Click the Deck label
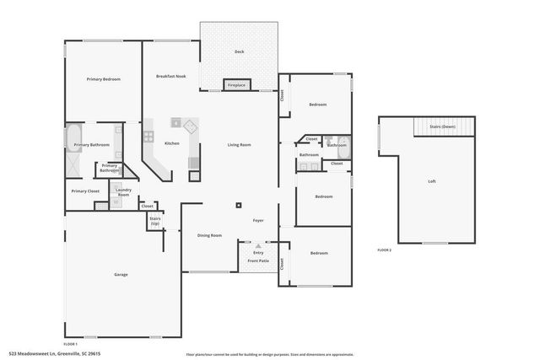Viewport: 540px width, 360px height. point(239,52)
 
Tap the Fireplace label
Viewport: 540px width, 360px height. point(236,85)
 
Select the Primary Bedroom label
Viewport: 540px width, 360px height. point(104,79)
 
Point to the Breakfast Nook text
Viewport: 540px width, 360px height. point(171,76)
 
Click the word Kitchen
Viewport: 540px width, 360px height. point(171,143)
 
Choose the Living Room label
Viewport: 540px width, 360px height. point(239,145)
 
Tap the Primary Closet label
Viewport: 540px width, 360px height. point(85,191)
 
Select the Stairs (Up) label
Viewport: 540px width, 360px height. point(154,221)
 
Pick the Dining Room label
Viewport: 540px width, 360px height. point(209,235)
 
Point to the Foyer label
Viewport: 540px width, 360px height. point(259,221)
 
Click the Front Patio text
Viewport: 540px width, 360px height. point(258,261)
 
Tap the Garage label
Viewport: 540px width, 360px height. point(121,276)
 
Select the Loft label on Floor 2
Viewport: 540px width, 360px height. point(432,182)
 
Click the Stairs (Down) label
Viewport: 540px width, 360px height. point(442,126)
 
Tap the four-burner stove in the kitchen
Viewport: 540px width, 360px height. point(148,135)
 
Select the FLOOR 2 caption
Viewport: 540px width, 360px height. point(384,250)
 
